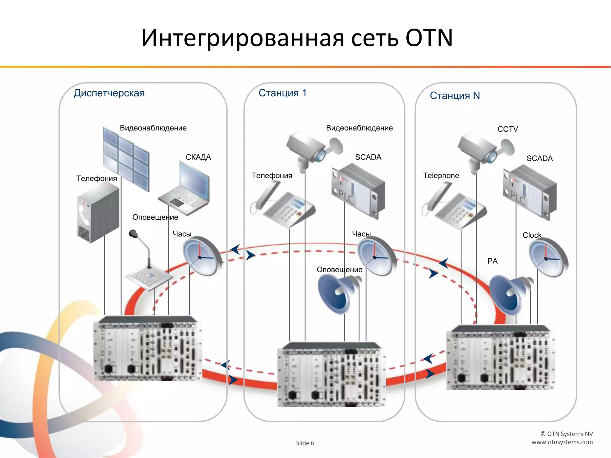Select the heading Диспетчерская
tap(109, 93)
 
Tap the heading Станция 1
tap(282, 93)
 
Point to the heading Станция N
tap(455, 96)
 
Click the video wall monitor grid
tap(126, 158)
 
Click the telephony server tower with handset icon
tap(98, 212)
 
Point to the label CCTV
tap(507, 129)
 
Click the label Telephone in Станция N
tap(441, 176)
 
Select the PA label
tap(492, 261)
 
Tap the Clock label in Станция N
tap(532, 235)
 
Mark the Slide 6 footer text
tap(305, 443)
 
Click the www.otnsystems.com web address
tap(562, 442)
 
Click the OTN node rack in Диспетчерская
tap(148, 349)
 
